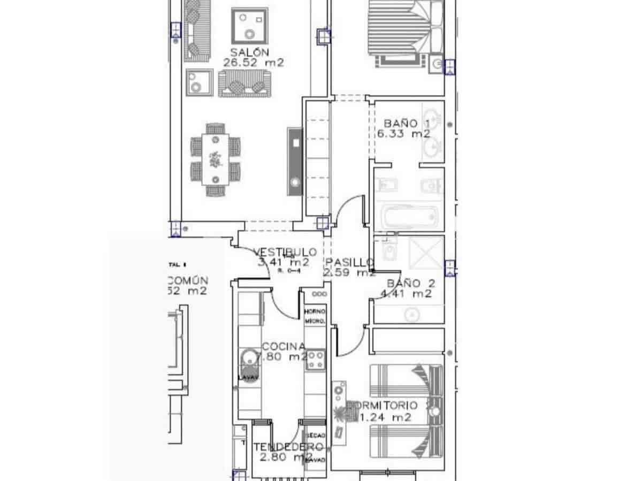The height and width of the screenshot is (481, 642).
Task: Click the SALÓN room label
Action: coord(249,52)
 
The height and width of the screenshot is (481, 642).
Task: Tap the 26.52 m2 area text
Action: coord(253,63)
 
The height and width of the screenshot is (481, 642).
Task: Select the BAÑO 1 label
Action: coord(407,124)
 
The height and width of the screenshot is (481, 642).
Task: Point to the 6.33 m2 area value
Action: coord(407,134)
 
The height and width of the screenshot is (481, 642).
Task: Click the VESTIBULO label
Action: coord(285,252)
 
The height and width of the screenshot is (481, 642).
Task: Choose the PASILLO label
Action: coord(349,262)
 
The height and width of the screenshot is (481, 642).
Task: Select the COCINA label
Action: coord(284,346)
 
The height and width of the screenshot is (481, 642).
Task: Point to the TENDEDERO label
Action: coord(288,447)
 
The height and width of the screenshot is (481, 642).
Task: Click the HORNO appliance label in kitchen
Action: coord(315,311)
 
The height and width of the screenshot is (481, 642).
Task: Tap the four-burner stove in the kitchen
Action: coord(315,359)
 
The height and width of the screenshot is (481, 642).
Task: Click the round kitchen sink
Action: coord(248,357)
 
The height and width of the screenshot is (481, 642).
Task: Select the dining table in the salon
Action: coord(216,159)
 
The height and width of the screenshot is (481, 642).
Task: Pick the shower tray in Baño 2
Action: coord(426,251)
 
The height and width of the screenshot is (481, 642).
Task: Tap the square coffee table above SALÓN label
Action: coord(249,26)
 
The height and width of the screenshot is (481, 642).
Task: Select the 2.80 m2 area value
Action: coord(286,457)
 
